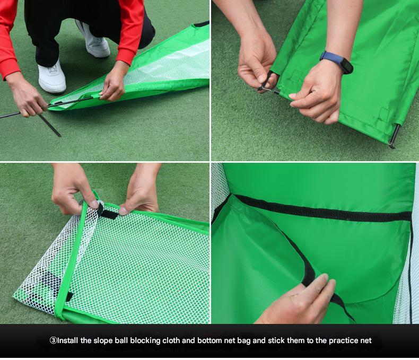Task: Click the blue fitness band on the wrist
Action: tap(336, 62)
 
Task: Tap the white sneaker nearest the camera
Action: tap(52, 77)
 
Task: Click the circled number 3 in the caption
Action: tap(54, 340)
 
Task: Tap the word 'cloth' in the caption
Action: tap(171, 340)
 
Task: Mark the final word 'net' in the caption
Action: tap(366, 341)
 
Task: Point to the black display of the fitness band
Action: tap(346, 66)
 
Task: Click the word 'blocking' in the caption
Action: tap(145, 341)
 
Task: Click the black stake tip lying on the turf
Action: tap(50, 126)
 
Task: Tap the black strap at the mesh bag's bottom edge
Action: tap(69, 296)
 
